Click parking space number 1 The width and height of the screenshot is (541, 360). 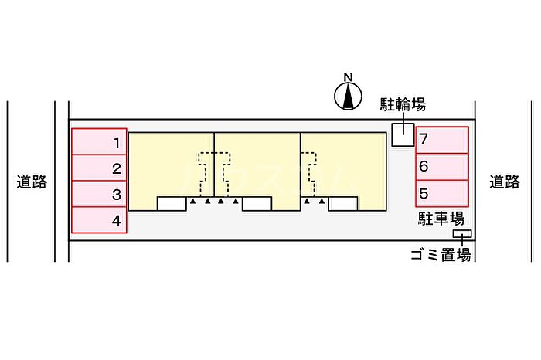point(100,142)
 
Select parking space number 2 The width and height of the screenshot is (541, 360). point(100,168)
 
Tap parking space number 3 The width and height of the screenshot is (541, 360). point(100,195)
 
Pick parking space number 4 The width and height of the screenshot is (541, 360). point(100,221)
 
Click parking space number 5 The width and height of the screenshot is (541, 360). point(442,193)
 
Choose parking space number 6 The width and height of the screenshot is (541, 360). point(442,166)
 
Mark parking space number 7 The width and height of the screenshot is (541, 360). point(442,140)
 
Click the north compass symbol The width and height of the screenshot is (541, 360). point(349,96)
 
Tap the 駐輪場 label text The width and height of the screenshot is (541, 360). point(403,104)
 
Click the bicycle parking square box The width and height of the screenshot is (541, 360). point(403,135)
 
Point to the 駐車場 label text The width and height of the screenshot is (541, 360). point(441,219)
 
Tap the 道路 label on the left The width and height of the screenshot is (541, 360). point(32,182)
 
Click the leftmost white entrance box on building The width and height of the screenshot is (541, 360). point(172,204)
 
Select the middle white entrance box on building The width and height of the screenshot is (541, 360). point(257,204)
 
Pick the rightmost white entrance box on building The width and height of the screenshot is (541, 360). point(342,204)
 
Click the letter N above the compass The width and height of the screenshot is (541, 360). point(349,76)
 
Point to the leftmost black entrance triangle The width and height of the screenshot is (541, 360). point(192,202)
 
